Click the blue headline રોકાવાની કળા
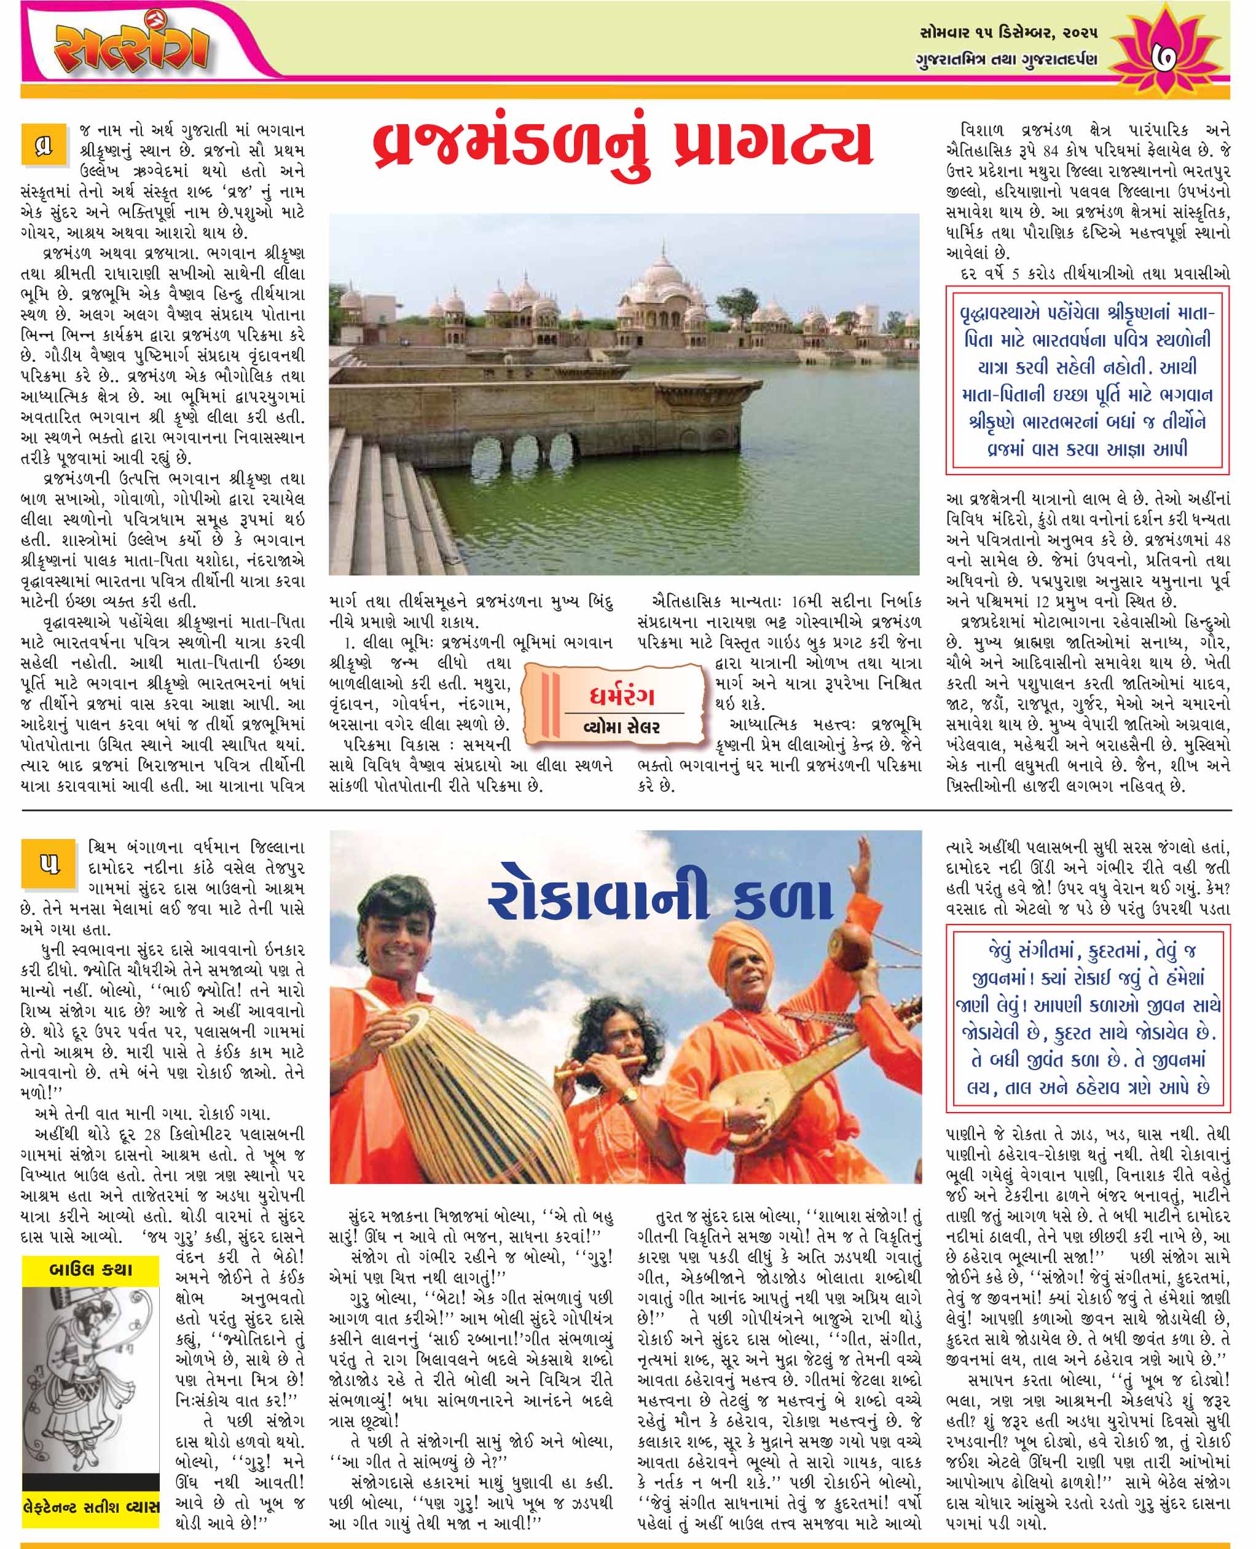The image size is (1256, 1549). (x=660, y=901)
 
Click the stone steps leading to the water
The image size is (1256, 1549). (x=391, y=500)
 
